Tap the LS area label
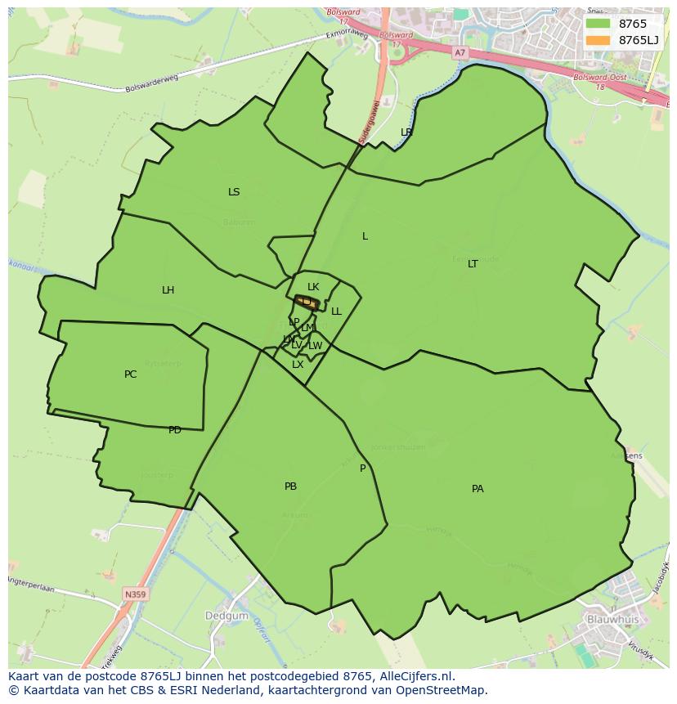tap(234, 192)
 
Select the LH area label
tap(168, 290)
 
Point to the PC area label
tap(130, 374)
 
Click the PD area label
tap(174, 430)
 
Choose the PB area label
tap(290, 487)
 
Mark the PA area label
tap(477, 489)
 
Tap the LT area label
tap(473, 264)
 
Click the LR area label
tap(406, 132)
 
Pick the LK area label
tap(313, 287)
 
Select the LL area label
tap(336, 312)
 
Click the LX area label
tap(298, 365)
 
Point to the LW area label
tap(316, 346)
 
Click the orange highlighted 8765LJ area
tap(307, 303)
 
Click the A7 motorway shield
tap(460, 52)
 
